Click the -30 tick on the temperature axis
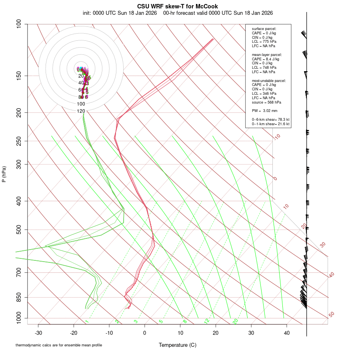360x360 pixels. [x=38, y=333]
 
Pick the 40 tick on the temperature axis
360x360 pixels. [x=287, y=333]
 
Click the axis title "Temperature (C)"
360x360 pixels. [x=178, y=345]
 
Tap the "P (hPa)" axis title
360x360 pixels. [x=4, y=174]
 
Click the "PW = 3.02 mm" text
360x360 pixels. [x=264, y=110]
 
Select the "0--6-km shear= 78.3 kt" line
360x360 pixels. [x=270, y=119]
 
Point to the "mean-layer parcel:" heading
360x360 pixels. [x=267, y=54]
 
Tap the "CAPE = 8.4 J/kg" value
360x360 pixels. [x=265, y=59]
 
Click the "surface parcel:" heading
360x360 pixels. [x=264, y=29]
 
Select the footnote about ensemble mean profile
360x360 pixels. [x=59, y=345]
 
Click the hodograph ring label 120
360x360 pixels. [x=81, y=111]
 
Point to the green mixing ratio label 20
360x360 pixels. [x=236, y=321]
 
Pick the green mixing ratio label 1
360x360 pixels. [x=87, y=321]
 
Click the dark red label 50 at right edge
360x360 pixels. [x=331, y=315]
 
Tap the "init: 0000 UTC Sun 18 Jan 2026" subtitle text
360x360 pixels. [x=120, y=13]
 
